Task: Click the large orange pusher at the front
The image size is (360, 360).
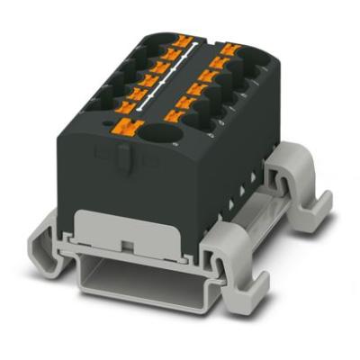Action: [123, 128]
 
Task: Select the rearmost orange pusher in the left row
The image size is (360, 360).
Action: [186, 40]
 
